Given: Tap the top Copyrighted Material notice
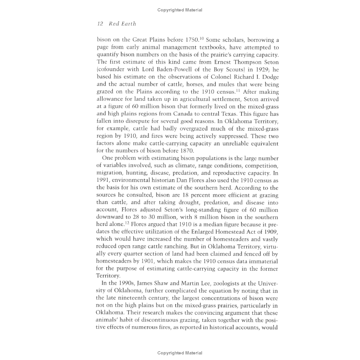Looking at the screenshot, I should pos(180,10).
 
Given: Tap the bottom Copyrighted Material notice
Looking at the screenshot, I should pos(180,353).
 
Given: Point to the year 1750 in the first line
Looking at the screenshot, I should pos(192,40).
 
